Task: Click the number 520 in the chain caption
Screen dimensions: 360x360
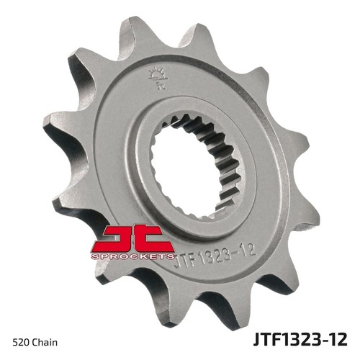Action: tap(22, 342)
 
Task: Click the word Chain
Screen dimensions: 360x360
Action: tap(45, 342)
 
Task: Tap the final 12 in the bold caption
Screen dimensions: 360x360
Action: tap(338, 339)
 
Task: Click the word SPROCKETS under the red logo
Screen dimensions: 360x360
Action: tap(132, 256)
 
